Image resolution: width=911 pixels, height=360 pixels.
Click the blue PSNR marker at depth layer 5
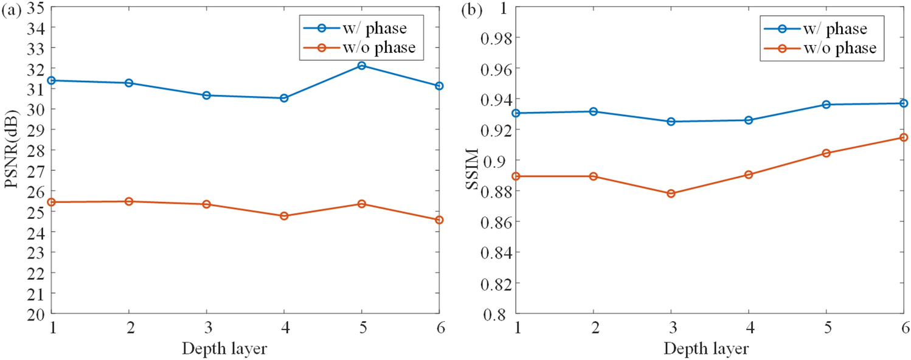pyautogui.click(x=362, y=66)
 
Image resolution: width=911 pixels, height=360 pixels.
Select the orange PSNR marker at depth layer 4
pyautogui.click(x=284, y=216)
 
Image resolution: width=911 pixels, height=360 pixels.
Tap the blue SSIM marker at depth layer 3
pyautogui.click(x=671, y=122)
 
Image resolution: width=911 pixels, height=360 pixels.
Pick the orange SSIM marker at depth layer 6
pyautogui.click(x=904, y=137)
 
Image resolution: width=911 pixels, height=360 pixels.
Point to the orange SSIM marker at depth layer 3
pyautogui.click(x=671, y=193)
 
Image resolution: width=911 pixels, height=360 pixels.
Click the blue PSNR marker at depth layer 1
pyautogui.click(x=52, y=80)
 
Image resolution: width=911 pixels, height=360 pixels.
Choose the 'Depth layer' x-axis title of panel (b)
pyautogui.click(x=706, y=349)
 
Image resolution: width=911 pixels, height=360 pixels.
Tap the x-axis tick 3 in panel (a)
pyautogui.click(x=207, y=328)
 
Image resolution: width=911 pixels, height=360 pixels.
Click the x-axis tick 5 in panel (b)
pyautogui.click(x=826, y=328)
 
